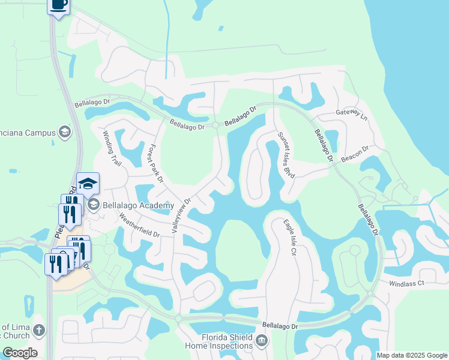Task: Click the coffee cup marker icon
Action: coord(58,5)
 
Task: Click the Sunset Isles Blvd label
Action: coord(287,156)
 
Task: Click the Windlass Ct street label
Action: coord(406,283)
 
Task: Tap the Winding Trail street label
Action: coord(112,149)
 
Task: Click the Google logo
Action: coord(20,353)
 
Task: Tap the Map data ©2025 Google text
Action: coord(411,355)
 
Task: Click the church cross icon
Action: coord(39,330)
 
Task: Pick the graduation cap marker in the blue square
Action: coord(88,183)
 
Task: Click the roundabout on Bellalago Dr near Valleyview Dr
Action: coord(215,125)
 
